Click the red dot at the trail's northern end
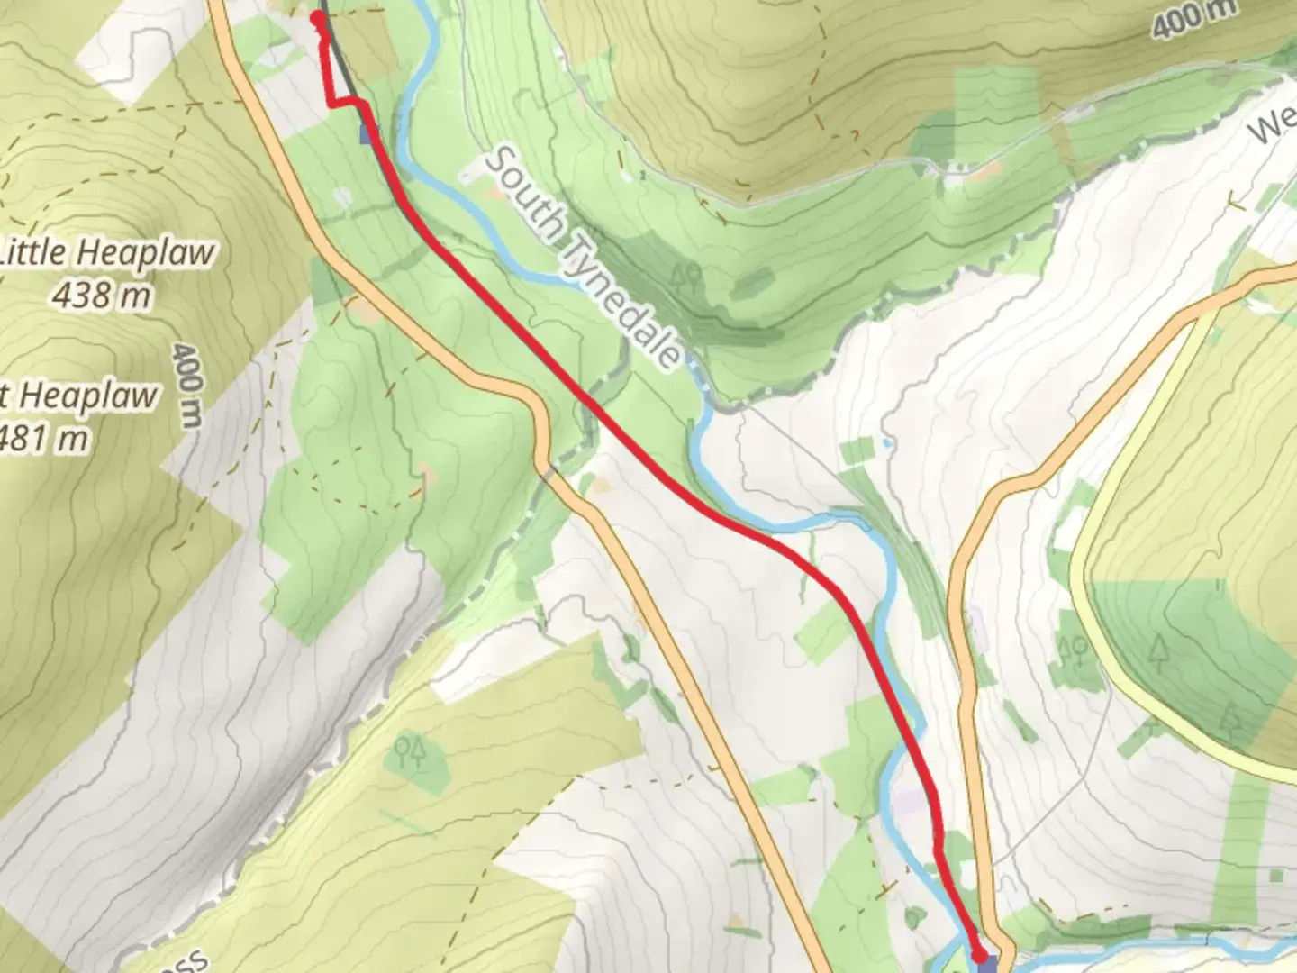click(318, 18)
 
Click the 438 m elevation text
click(100, 295)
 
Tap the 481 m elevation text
click(45, 439)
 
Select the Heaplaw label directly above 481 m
click(86, 396)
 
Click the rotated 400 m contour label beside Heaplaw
click(187, 385)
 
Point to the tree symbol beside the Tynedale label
click(686, 277)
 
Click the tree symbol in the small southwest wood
click(409, 751)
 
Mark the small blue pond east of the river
click(888, 443)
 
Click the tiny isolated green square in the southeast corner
click(1275, 875)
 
